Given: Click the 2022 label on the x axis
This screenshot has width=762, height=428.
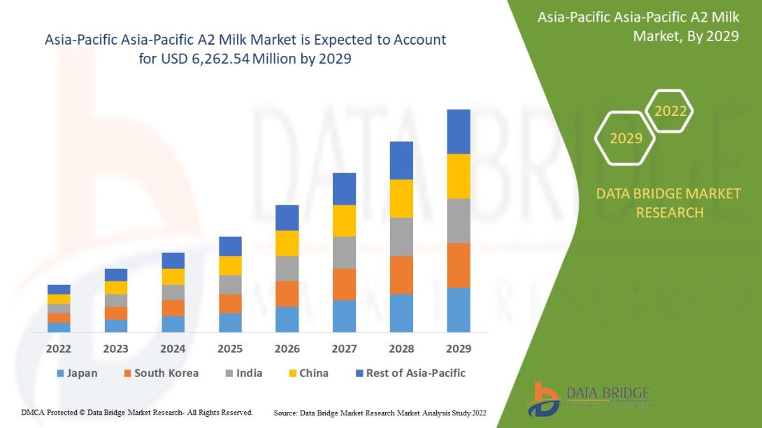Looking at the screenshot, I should coord(59,348).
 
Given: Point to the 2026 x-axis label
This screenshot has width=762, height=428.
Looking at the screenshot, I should coord(287,348).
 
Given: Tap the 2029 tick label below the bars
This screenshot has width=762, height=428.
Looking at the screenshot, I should coord(459,348).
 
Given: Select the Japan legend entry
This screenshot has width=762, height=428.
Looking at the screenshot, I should coord(76,373).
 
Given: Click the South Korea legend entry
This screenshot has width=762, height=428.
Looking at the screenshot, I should coord(160,373).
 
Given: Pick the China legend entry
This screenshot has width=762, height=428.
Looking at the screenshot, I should coord(307,373).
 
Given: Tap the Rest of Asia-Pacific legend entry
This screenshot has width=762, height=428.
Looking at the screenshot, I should coord(410,373).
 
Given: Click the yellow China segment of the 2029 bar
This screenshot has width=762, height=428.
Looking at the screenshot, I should coord(459,176).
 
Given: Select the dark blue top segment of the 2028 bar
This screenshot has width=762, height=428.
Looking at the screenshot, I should coord(401,161).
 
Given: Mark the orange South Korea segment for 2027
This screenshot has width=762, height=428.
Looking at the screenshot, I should coord(344,284).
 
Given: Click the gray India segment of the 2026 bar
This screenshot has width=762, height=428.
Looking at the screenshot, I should coord(287,268).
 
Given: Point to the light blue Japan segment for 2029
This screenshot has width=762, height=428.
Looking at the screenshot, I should coord(459,309).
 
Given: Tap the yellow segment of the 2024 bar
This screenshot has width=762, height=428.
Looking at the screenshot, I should coord(173,276).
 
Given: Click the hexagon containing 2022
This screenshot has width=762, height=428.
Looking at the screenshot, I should coord(670,111).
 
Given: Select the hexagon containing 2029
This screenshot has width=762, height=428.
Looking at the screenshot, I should coord(626,138).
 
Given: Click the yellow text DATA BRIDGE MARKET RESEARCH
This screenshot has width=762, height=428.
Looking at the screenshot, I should coord(668,202).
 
